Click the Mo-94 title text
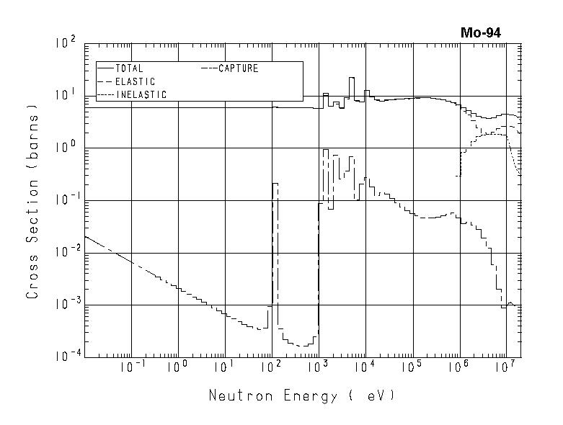click(x=481, y=32)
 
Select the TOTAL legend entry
click(x=129, y=69)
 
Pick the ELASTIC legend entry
click(x=134, y=82)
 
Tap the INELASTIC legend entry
click(x=140, y=95)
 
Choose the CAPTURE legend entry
click(x=237, y=69)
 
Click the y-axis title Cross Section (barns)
click(x=32, y=205)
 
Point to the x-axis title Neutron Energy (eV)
click(x=302, y=395)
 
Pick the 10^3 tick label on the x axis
click(x=318, y=367)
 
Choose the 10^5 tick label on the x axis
click(x=412, y=367)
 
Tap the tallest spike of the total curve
click(x=352, y=78)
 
